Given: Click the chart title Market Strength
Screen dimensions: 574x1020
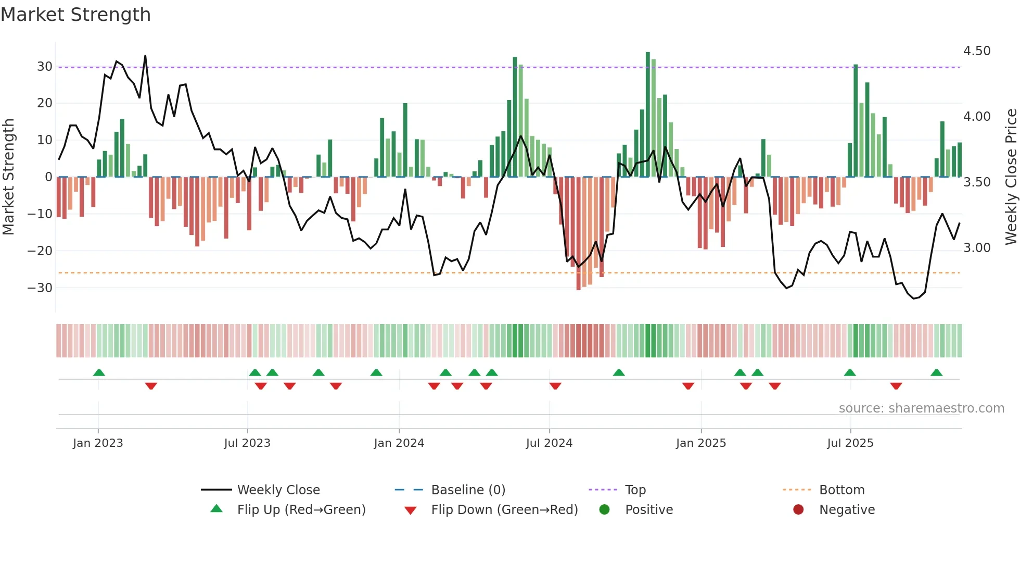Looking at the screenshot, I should point(75,15).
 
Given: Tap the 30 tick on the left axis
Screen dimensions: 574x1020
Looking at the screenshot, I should point(44,67).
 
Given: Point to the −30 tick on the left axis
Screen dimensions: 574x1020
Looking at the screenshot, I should point(40,288).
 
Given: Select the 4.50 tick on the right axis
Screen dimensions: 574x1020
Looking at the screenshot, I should point(976,51).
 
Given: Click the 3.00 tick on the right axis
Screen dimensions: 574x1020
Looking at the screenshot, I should point(976,248).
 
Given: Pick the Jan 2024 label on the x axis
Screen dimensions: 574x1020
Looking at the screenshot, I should point(399,443).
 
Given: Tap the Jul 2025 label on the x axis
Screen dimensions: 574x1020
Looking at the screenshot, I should point(850,443).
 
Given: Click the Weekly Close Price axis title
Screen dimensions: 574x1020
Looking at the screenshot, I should point(1011,177).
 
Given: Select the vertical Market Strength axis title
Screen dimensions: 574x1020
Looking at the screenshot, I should point(8,177).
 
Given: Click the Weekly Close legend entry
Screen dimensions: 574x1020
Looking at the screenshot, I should point(278,490).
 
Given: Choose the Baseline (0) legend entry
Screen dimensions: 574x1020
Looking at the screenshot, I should point(468,490).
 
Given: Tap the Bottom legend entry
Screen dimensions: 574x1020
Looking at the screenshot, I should point(841,490).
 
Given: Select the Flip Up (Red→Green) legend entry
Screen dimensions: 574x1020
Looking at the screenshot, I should point(301,510).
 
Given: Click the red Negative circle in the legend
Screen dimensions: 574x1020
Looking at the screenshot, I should point(798,509).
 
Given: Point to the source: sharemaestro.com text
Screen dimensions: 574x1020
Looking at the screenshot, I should point(921,408).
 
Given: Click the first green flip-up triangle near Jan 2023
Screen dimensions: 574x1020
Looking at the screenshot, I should point(99,372).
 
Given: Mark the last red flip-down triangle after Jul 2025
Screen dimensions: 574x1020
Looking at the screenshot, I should point(896,386).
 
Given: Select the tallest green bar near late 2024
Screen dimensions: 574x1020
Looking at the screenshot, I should point(648,115).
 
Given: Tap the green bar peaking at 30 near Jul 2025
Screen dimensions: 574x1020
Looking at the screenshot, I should point(856,121).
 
